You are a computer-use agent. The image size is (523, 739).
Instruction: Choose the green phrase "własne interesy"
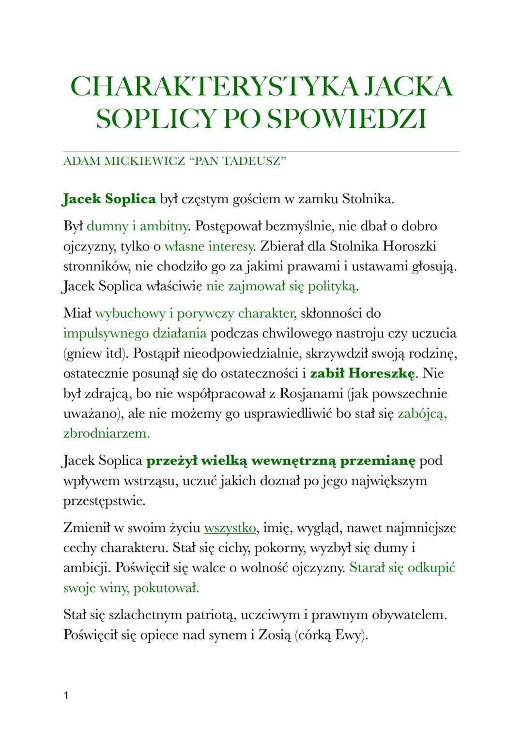click(209, 246)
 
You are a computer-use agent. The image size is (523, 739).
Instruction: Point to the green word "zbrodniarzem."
click(107, 433)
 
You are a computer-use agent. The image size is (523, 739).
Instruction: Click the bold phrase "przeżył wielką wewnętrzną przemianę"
click(281, 460)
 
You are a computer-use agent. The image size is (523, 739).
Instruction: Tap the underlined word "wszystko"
click(230, 528)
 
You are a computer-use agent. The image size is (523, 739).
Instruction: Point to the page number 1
click(66, 696)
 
